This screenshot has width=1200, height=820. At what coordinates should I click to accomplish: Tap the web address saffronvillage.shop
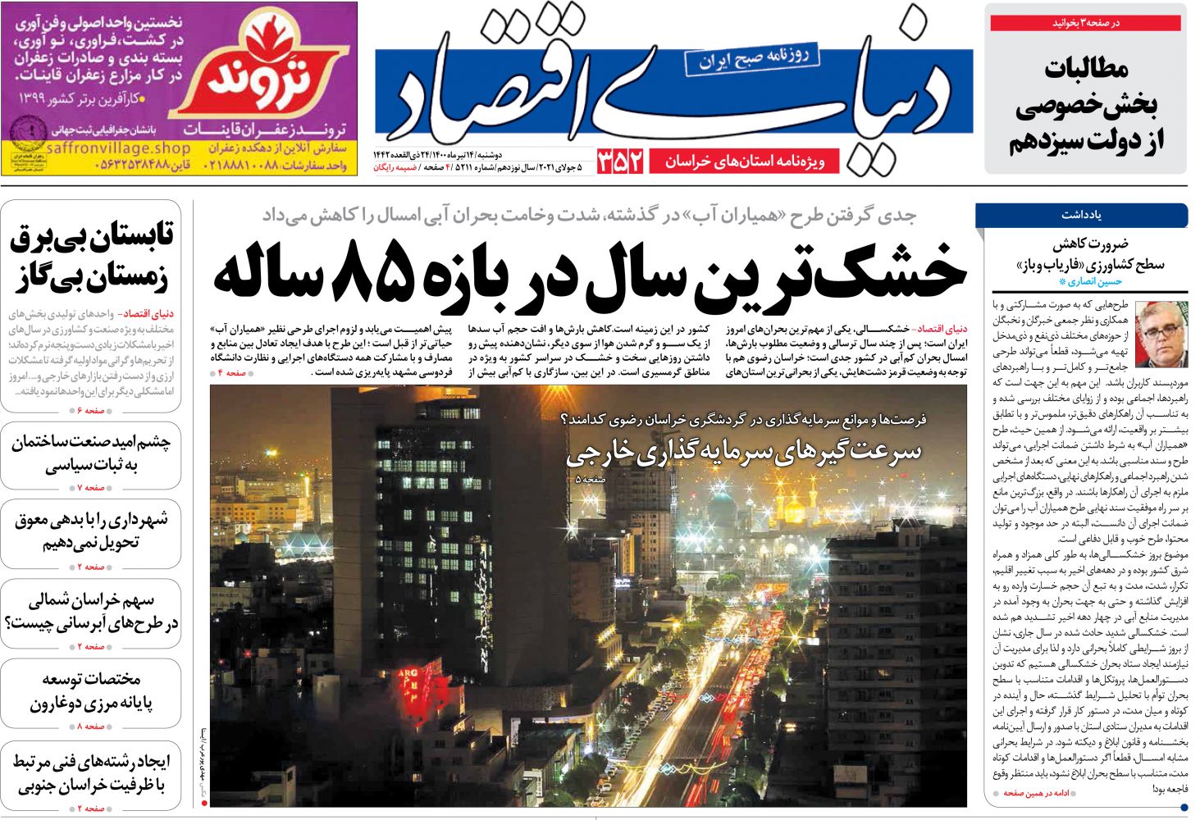click(119, 148)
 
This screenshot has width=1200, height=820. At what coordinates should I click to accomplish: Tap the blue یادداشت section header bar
click(1081, 215)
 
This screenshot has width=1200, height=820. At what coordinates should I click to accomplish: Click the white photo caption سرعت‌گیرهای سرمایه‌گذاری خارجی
click(743, 452)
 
